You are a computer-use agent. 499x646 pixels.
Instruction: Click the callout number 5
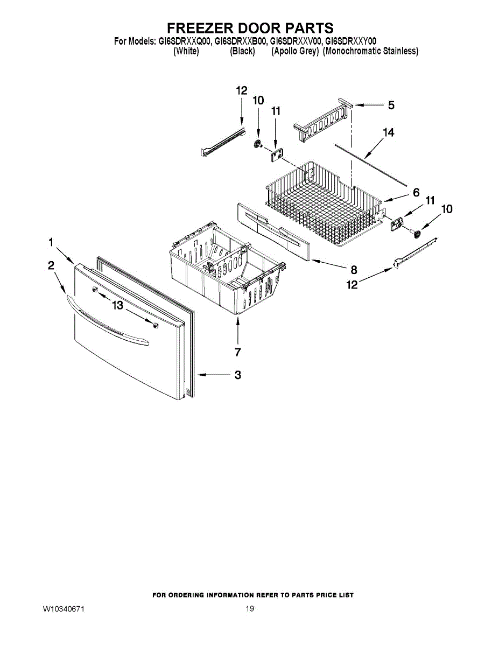pos(391,106)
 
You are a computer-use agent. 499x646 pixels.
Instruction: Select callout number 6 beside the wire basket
pos(416,192)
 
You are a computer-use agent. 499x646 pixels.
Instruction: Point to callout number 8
pos(354,270)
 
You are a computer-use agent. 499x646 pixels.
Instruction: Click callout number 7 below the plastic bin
pos(237,352)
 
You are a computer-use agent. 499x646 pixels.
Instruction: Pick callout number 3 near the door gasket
pos(237,375)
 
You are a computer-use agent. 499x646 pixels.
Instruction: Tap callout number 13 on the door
pos(117,306)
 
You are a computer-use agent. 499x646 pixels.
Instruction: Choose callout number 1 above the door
pos(51,243)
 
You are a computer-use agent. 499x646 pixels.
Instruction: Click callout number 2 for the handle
pos(51,265)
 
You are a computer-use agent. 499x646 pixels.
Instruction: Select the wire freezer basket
pos(323,205)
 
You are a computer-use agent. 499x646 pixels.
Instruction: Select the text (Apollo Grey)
pos(296,51)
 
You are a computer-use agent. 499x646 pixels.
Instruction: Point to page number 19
pos(249,609)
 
